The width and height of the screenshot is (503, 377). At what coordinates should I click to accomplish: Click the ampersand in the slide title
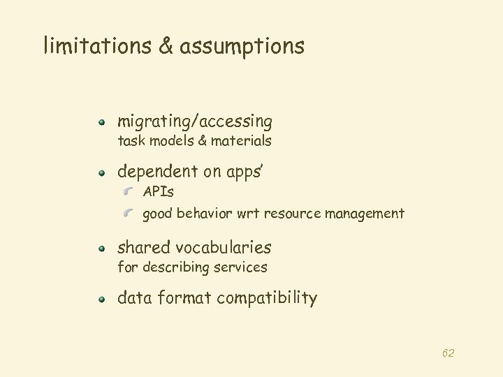[165, 46]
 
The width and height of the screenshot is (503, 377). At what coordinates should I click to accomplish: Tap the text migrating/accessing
[195, 122]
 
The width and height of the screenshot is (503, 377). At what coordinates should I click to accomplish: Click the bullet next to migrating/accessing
[101, 122]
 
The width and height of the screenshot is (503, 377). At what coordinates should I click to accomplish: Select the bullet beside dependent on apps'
[101, 172]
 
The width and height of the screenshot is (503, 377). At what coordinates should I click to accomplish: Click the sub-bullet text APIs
[158, 192]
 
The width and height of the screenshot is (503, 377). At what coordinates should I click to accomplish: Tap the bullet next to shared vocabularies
[101, 248]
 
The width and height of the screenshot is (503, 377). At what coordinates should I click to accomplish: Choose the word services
[242, 267]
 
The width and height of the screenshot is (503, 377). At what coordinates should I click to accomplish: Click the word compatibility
[267, 299]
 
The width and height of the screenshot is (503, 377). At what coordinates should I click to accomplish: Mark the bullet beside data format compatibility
[101, 299]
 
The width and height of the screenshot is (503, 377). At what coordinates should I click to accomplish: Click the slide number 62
[448, 353]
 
